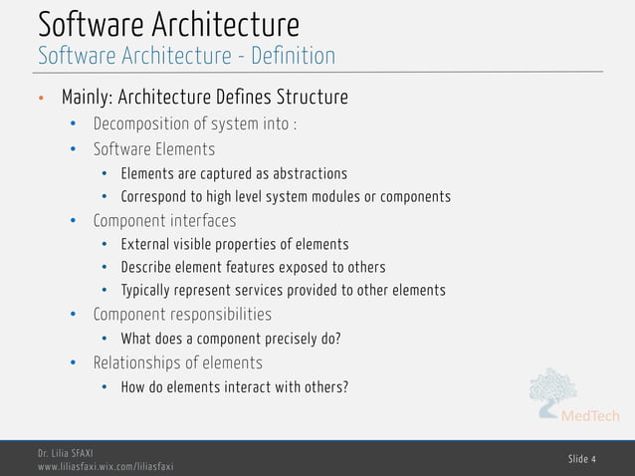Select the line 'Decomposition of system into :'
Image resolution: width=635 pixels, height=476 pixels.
(195, 124)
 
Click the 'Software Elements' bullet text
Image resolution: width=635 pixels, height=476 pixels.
(154, 149)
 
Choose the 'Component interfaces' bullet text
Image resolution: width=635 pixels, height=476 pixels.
(164, 220)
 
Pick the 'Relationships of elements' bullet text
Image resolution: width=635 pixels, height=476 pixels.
(178, 362)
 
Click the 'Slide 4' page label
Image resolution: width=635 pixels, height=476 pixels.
(582, 458)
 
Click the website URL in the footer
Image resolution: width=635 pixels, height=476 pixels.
(106, 466)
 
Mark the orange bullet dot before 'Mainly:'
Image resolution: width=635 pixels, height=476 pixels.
(41, 100)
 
